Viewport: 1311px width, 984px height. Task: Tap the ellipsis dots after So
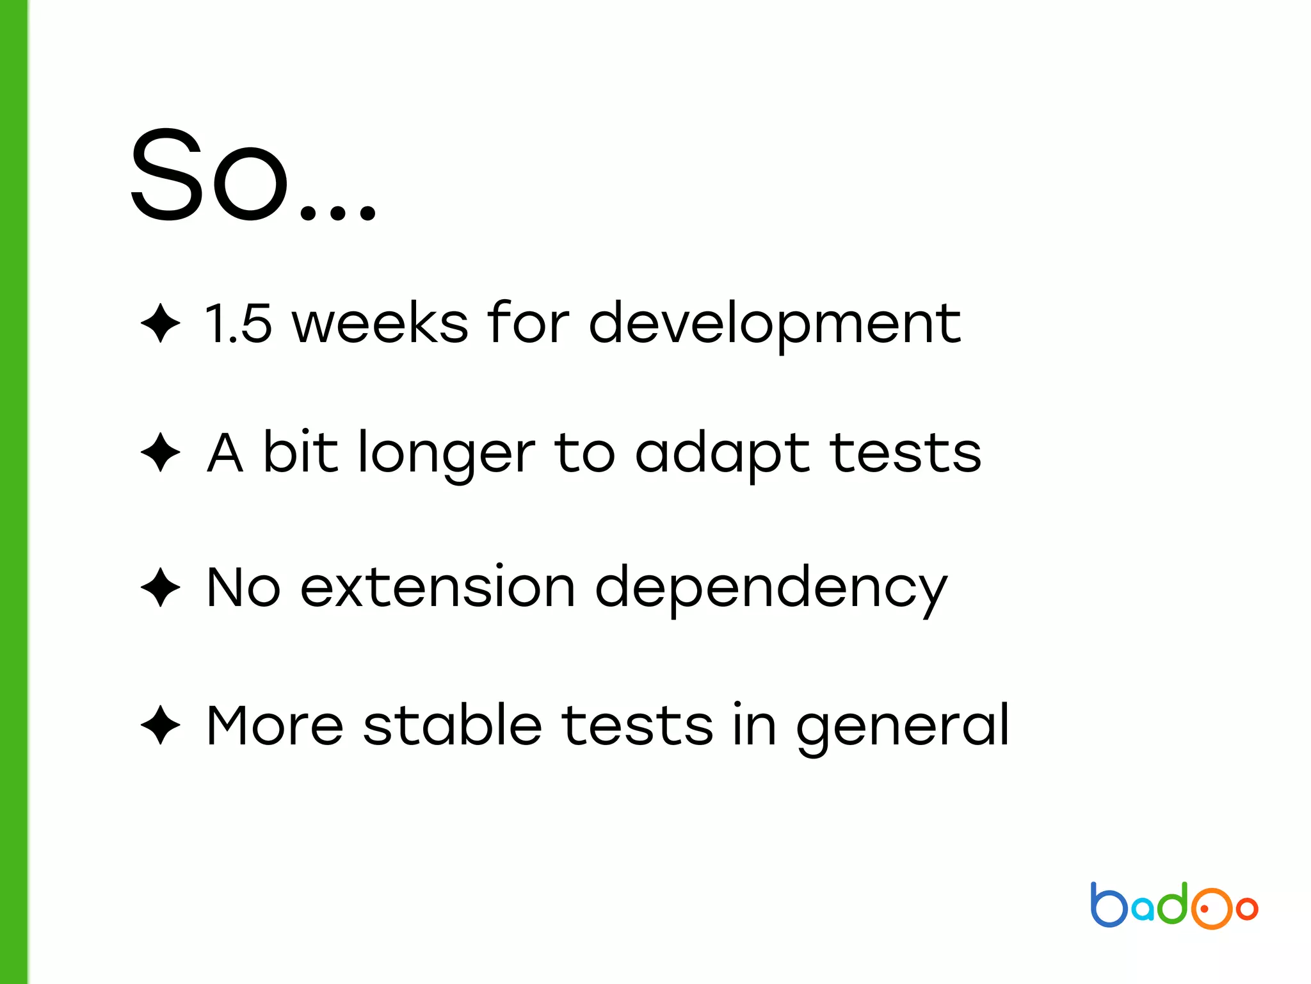pos(338,211)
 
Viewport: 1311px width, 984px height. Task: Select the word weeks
pos(380,323)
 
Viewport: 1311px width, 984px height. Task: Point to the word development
pos(775,324)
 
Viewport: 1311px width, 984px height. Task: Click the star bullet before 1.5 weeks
pos(160,323)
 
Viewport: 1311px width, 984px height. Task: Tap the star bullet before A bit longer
pos(160,452)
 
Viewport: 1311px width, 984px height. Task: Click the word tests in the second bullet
pos(905,452)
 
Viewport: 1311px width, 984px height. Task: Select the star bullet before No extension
pos(160,587)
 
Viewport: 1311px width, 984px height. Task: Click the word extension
pos(438,587)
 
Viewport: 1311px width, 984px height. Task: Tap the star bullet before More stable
pos(160,725)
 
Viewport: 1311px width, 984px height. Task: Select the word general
pos(903,726)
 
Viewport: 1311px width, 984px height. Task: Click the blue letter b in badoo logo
pos(1109,905)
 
